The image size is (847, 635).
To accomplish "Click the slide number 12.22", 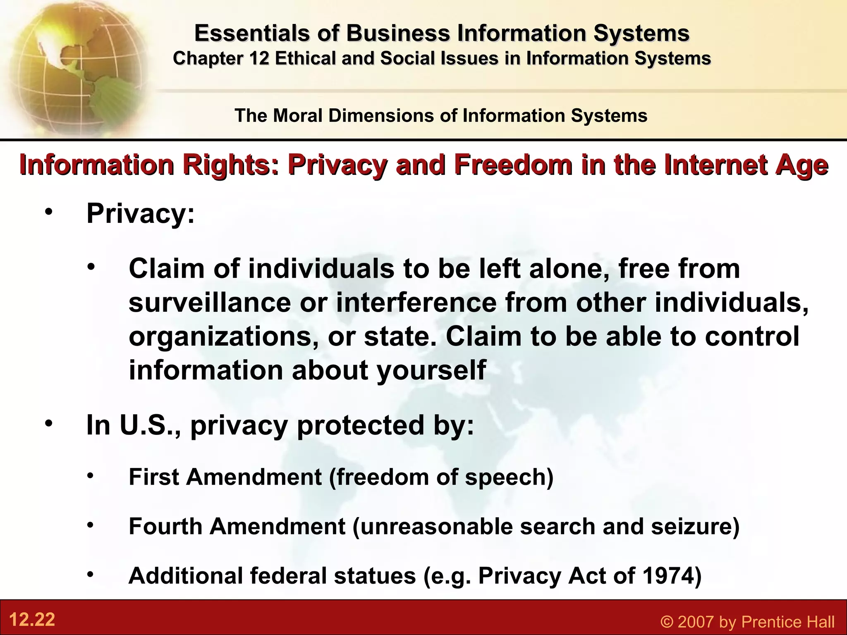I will (x=32, y=620).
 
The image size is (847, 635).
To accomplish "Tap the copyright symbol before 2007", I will (x=667, y=622).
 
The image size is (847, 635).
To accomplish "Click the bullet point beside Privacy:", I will (x=49, y=212).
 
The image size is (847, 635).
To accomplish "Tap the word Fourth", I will (x=165, y=526).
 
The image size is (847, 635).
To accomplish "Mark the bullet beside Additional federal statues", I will (x=91, y=575).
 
